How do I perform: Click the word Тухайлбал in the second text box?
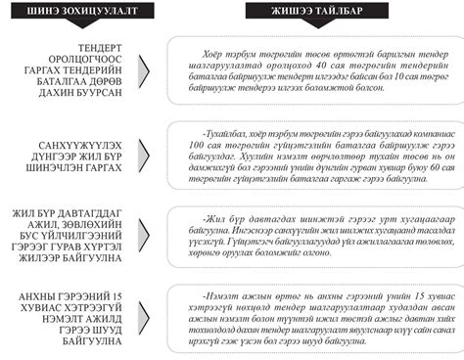[222, 128]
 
